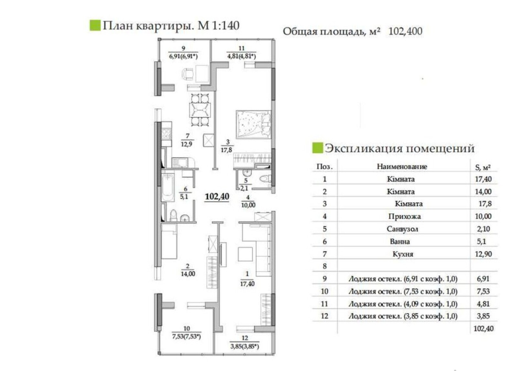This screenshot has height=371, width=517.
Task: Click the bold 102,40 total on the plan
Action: point(217,197)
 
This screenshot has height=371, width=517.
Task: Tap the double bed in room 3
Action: point(253,124)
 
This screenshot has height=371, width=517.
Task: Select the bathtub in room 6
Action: point(168,188)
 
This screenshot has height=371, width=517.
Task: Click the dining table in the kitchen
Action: point(200,111)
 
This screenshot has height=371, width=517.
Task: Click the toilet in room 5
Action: point(265,179)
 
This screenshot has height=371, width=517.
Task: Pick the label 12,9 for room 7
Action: point(186,144)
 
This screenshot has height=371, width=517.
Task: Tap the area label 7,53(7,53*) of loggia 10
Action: point(186,336)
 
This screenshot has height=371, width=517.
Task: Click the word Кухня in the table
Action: point(403,254)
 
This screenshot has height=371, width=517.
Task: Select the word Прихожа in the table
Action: point(404,216)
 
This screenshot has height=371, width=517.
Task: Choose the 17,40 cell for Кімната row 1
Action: point(483,179)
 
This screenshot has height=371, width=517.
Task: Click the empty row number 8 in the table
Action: point(324,266)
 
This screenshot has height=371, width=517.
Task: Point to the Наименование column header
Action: point(402,166)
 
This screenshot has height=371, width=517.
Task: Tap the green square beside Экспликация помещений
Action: point(317,148)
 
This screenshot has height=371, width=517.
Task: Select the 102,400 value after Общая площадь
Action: point(405,31)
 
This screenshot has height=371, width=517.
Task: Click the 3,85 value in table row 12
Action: point(483,316)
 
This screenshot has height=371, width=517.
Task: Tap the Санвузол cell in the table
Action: point(402,229)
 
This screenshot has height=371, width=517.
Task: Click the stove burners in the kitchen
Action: point(166,134)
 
